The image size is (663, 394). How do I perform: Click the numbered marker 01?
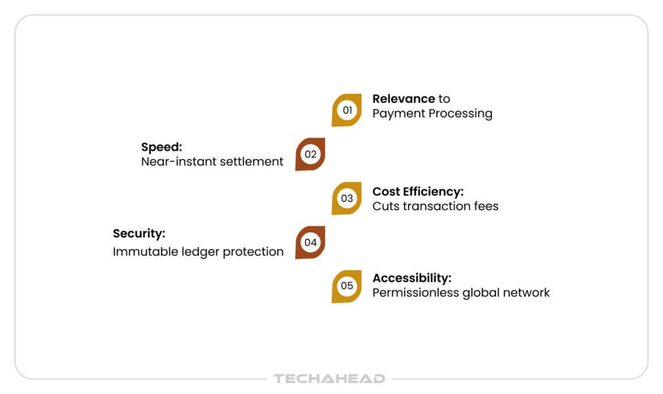point(347,110)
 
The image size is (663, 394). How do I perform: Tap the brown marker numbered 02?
point(310,154)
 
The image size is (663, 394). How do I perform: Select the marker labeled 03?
point(347,199)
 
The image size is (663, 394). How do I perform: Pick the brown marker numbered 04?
point(310,243)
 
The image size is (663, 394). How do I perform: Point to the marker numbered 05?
point(347,287)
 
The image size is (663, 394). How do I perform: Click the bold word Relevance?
point(403,99)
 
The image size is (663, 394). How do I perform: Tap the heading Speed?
point(161,148)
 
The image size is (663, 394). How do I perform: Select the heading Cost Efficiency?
point(418,192)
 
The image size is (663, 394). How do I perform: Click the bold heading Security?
point(139,234)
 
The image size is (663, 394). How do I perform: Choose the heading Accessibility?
point(412,278)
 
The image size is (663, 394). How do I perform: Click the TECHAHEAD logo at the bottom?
point(330,378)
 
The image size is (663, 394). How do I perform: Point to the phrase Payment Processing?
point(432,114)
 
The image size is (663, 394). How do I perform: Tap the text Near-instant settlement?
point(212,162)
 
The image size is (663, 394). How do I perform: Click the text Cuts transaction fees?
point(436,206)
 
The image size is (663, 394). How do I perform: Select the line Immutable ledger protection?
point(198,252)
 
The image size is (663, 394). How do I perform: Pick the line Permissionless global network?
point(461,292)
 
